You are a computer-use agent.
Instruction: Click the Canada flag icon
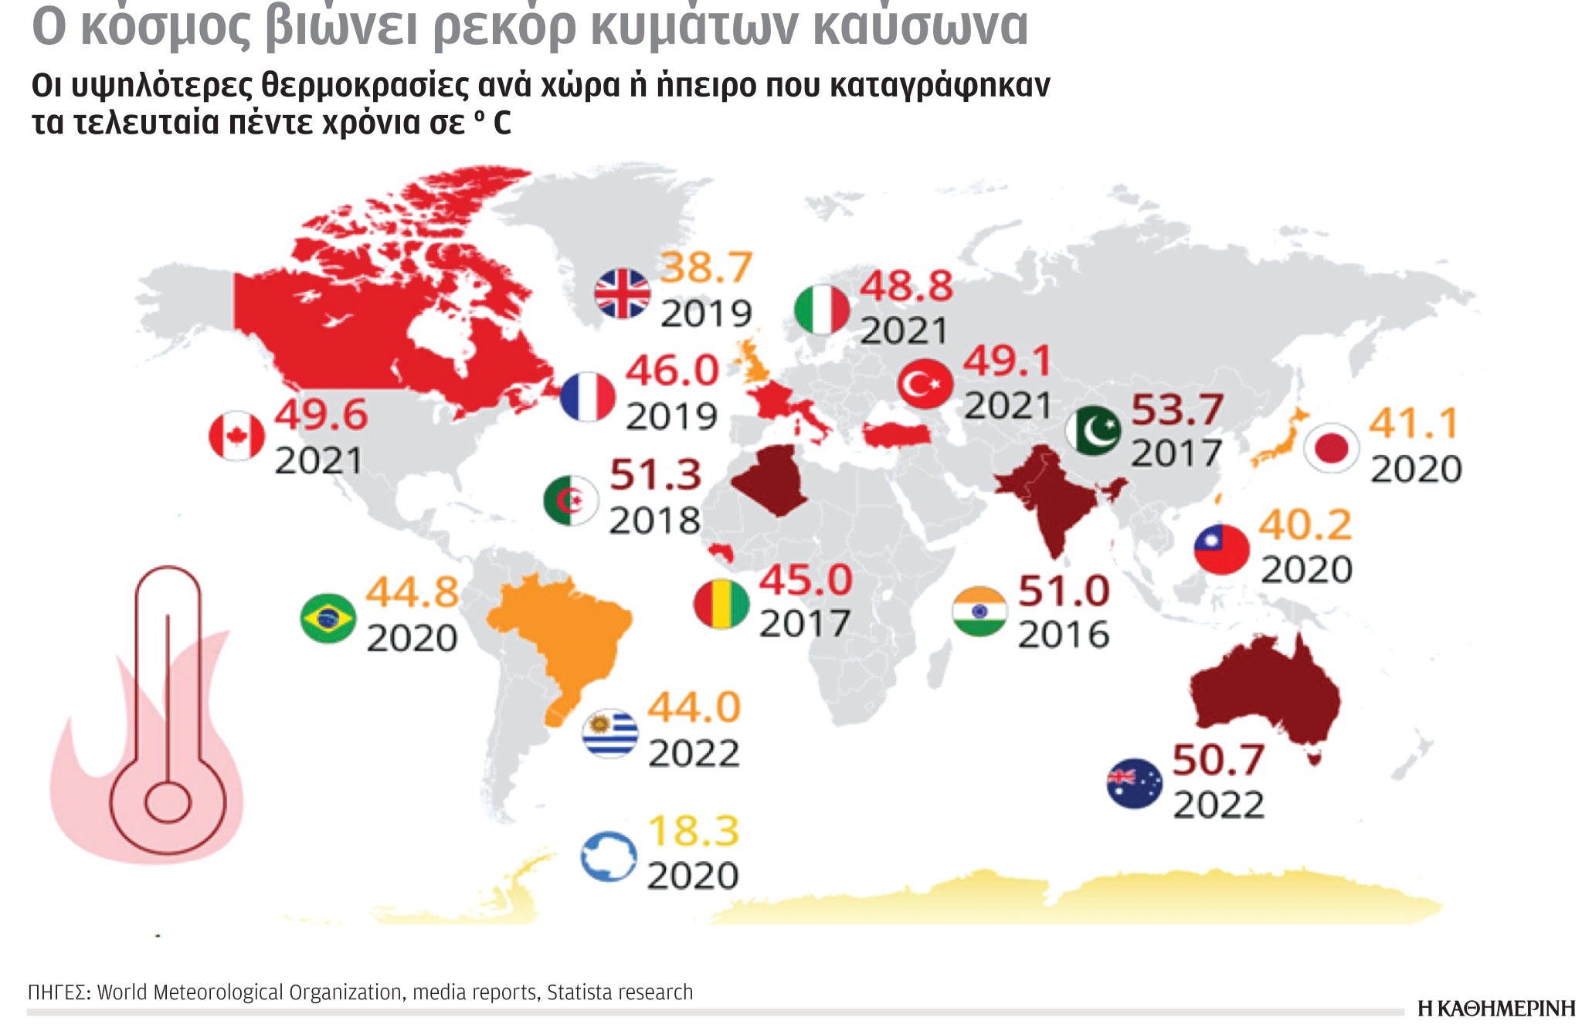pyautogui.click(x=236, y=436)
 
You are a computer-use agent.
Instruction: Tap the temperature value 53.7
pyautogui.click(x=1176, y=409)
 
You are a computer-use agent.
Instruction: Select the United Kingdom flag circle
pyautogui.click(x=622, y=294)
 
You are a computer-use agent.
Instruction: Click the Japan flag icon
pyautogui.click(x=1331, y=448)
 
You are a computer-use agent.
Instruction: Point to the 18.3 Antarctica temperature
pyautogui.click(x=693, y=832)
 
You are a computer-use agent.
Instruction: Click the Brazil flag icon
pyautogui.click(x=328, y=618)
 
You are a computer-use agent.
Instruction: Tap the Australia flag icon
pyautogui.click(x=1134, y=783)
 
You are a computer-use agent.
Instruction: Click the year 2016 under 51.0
pyautogui.click(x=1063, y=635)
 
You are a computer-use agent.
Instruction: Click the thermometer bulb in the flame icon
pyautogui.click(x=168, y=802)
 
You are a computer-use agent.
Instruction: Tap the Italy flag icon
pyautogui.click(x=822, y=310)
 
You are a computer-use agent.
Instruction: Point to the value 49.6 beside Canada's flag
pyautogui.click(x=321, y=415)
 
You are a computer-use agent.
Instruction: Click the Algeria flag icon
pyautogui.click(x=571, y=500)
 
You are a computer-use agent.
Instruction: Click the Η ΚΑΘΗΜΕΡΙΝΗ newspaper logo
pyautogui.click(x=1495, y=1009)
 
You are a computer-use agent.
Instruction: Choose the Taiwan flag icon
pyautogui.click(x=1221, y=548)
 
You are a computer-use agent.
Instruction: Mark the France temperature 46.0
pyautogui.click(x=672, y=371)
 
